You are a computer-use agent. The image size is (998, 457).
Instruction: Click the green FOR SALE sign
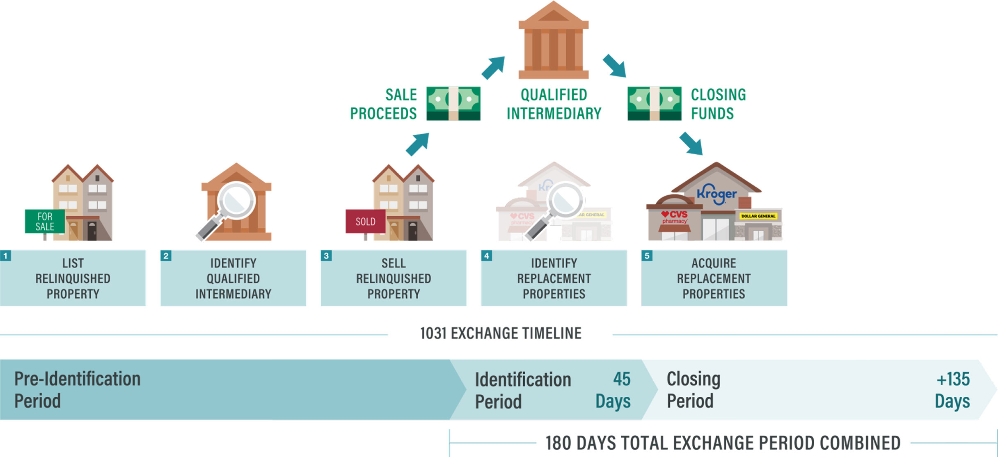click(x=45, y=222)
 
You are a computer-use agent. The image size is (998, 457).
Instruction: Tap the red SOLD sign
click(x=365, y=222)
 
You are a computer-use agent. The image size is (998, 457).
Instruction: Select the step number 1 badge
click(x=5, y=256)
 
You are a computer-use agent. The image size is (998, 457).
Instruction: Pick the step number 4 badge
click(x=487, y=256)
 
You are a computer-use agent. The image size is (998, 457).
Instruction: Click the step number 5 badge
click(x=647, y=256)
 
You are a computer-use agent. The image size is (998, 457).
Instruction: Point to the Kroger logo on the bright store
click(x=716, y=194)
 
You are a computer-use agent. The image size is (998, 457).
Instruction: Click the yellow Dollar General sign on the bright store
click(x=758, y=216)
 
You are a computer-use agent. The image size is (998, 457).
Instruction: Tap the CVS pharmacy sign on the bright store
click(x=674, y=217)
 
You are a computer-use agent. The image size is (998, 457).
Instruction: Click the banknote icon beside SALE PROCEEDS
click(x=453, y=103)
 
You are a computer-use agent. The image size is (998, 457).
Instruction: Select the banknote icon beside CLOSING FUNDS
click(x=655, y=103)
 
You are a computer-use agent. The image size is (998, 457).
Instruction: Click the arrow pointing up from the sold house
click(x=418, y=144)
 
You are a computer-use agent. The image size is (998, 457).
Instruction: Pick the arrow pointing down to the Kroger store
click(x=691, y=144)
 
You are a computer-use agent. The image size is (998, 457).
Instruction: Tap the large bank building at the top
click(x=554, y=41)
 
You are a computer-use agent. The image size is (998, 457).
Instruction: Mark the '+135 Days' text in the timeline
click(x=952, y=390)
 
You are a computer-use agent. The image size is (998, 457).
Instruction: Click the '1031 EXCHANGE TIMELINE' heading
click(x=501, y=334)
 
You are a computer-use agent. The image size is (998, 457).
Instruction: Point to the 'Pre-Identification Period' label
click(x=77, y=390)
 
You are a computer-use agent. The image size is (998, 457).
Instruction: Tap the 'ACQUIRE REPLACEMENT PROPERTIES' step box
click(x=714, y=278)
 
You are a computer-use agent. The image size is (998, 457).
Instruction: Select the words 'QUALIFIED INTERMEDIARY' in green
click(x=554, y=104)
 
